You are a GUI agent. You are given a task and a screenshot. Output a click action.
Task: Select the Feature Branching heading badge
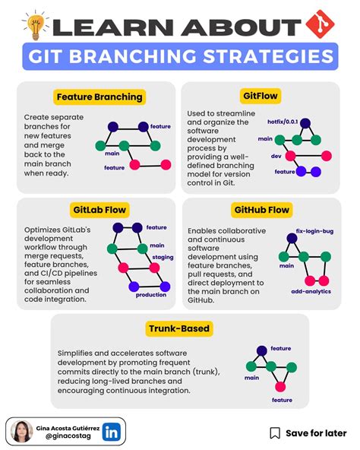tap(99, 97)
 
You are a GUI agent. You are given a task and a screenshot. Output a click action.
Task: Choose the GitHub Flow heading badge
tap(261, 209)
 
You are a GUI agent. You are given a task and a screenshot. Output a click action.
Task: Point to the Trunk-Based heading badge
tap(179, 329)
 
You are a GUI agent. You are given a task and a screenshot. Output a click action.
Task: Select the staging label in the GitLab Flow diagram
tap(162, 258)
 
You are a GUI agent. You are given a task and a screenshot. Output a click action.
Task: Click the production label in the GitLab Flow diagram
tap(151, 295)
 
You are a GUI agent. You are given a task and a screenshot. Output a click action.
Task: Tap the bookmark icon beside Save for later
tap(275, 433)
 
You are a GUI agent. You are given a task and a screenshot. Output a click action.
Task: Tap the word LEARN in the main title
tap(102, 27)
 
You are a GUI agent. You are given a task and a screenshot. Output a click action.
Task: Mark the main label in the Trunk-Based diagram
tap(251, 376)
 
